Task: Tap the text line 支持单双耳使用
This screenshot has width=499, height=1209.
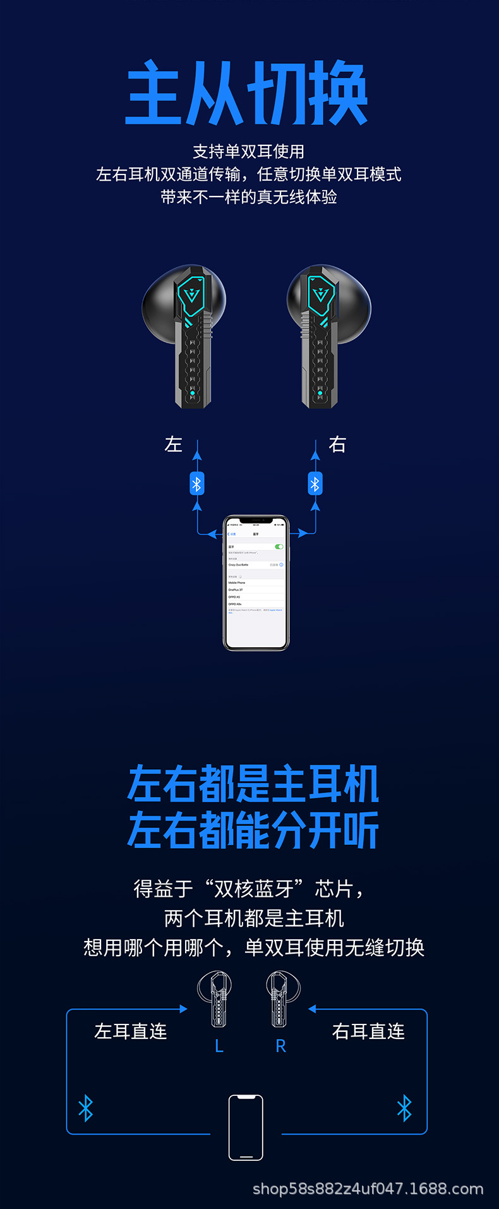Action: tap(249, 152)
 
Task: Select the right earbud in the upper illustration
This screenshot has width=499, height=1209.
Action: tap(325, 335)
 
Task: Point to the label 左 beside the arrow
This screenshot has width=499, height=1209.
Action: tap(173, 444)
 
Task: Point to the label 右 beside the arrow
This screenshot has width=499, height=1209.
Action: tap(337, 444)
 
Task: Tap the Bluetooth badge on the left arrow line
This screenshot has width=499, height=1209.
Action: tap(197, 484)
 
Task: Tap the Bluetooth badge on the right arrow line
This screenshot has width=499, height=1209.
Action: tap(315, 484)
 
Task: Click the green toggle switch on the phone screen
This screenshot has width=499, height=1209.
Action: tap(279, 547)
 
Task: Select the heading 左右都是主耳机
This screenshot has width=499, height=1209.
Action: tap(253, 784)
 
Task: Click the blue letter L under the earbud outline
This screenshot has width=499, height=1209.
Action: tap(219, 1047)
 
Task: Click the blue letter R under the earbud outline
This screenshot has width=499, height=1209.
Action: tap(281, 1047)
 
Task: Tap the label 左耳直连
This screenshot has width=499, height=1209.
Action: tap(131, 1031)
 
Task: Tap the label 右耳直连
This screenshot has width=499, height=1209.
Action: tap(368, 1031)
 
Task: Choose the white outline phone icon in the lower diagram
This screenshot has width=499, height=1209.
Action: tap(246, 1127)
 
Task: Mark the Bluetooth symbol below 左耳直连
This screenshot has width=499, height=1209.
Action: tap(86, 1108)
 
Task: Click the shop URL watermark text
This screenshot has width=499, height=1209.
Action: tap(368, 1189)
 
